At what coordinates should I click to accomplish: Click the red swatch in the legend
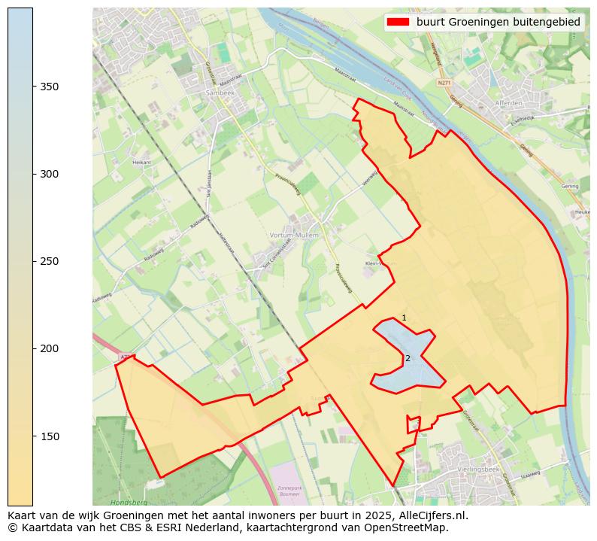(398, 23)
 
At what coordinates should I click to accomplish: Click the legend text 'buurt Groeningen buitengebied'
(499, 23)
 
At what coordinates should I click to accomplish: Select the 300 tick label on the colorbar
(50, 174)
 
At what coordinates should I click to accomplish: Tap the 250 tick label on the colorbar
(50, 261)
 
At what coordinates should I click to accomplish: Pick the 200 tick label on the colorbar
(50, 348)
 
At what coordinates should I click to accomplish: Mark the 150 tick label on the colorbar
(50, 436)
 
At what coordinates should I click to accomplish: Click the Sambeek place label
(220, 93)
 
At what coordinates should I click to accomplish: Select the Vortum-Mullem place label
(294, 236)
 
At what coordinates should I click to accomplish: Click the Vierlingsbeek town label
(474, 469)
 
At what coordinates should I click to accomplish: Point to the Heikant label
(141, 162)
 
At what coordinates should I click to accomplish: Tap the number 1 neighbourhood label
(404, 318)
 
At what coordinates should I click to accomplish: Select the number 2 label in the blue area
(408, 358)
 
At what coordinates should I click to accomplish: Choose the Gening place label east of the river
(569, 186)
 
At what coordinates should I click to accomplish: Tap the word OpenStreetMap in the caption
(410, 528)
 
